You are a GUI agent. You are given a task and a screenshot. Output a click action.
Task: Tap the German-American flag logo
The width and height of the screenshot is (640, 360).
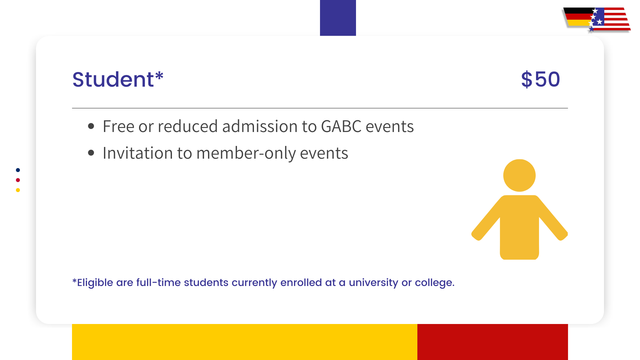597,20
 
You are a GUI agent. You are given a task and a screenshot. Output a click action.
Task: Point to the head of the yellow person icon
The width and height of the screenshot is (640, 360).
519,175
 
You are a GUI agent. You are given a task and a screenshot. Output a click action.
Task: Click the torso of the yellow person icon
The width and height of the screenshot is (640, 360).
519,227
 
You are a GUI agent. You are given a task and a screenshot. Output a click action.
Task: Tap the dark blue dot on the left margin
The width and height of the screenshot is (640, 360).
18,170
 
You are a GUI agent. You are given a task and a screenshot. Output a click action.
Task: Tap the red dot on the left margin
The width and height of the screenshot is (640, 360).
18,180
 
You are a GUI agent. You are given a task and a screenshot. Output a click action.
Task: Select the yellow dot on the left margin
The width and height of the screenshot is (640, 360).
18,190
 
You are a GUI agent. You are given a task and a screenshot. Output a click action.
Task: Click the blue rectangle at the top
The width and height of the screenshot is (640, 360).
338,18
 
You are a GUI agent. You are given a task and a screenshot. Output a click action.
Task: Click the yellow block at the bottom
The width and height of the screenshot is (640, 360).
244,342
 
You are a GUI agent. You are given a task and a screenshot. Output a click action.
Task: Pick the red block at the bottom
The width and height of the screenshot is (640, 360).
492,342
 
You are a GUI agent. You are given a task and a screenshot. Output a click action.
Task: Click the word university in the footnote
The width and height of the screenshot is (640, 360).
373,283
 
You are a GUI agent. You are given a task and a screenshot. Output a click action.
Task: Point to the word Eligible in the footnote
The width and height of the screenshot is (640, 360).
95,283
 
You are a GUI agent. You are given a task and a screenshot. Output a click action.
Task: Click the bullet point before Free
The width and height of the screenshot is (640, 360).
91,126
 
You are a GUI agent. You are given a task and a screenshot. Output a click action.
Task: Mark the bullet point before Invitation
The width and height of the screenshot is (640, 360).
91,153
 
